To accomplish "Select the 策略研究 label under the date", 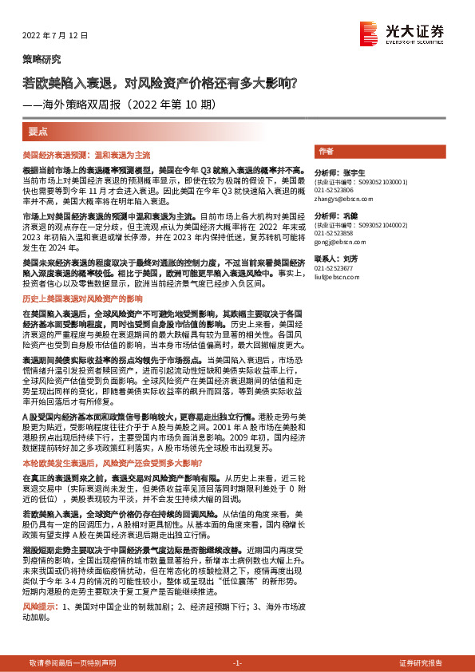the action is point(41,60).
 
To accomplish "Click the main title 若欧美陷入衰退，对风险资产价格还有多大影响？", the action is point(160,82).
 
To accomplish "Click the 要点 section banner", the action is point(38,130).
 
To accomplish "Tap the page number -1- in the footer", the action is point(236,663).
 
